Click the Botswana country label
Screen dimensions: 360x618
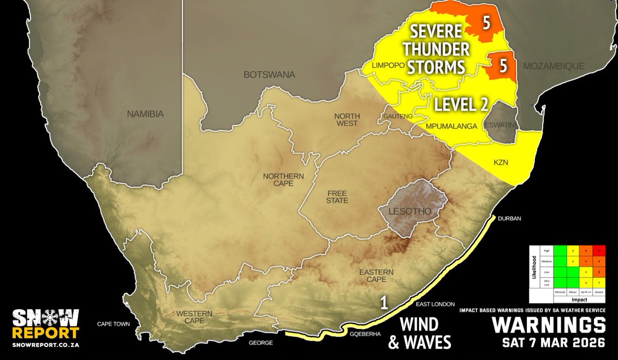click(x=269, y=75)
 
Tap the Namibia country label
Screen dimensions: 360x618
click(x=145, y=114)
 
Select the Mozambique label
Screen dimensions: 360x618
click(x=554, y=66)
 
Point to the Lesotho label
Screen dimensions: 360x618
click(x=410, y=211)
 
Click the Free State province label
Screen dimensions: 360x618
click(x=337, y=197)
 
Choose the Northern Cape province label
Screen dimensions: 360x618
click(x=283, y=180)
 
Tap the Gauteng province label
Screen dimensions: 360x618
click(x=397, y=117)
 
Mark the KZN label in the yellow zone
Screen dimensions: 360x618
click(x=501, y=162)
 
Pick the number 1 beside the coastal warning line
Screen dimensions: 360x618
click(x=383, y=302)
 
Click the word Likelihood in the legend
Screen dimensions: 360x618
click(x=533, y=272)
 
